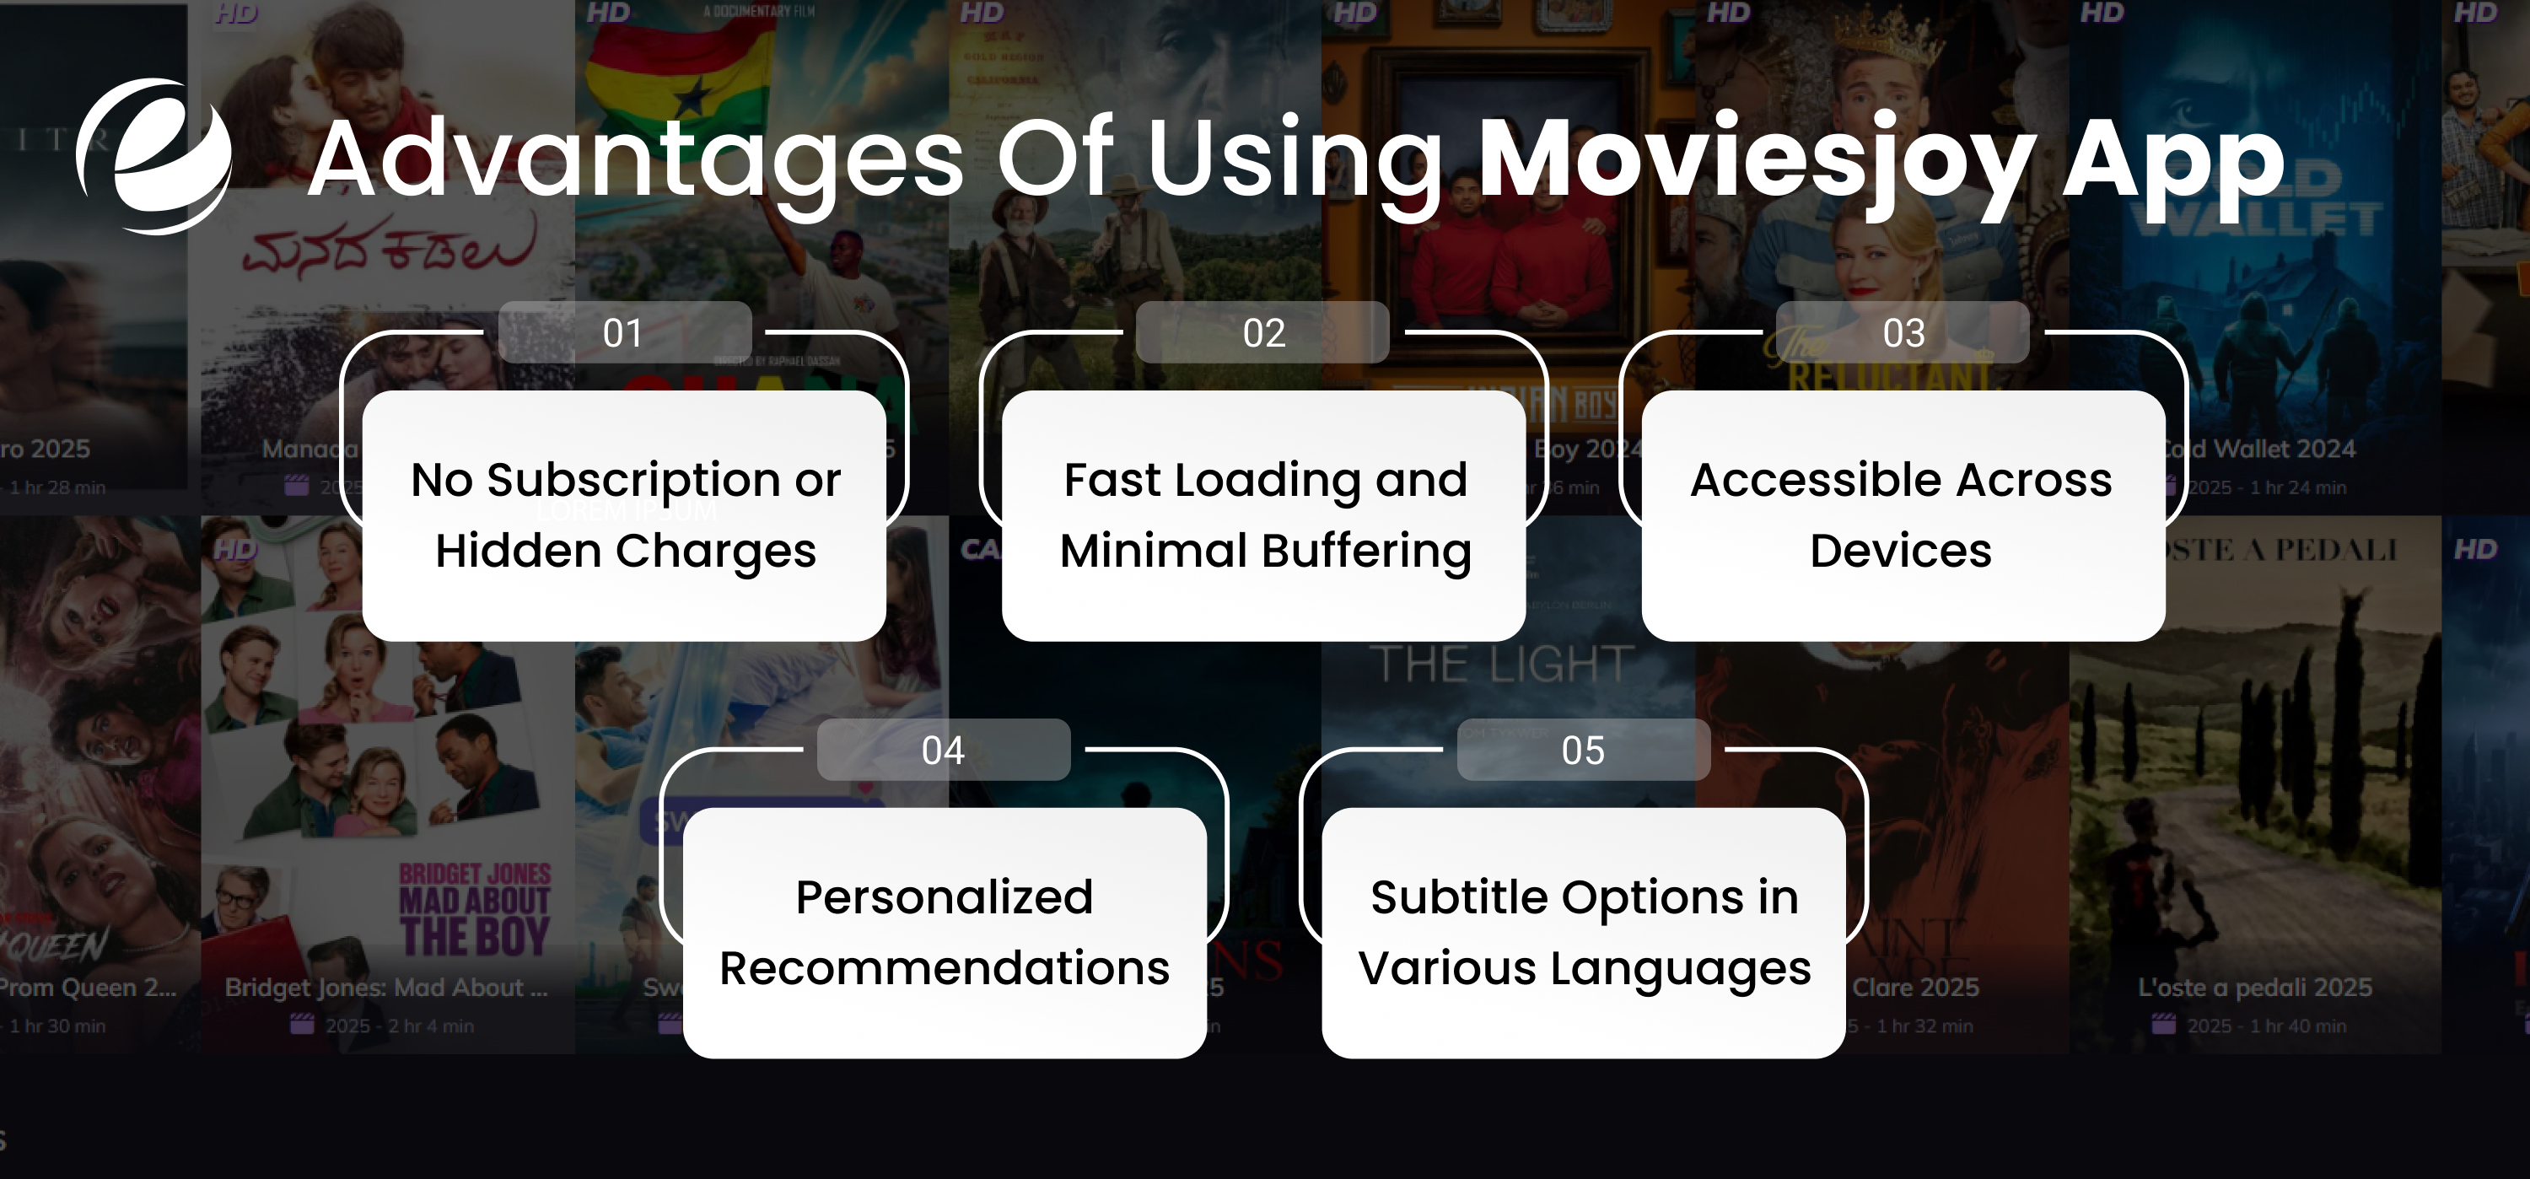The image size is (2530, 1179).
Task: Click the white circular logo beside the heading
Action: (x=154, y=157)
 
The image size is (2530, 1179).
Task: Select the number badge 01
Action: (x=624, y=333)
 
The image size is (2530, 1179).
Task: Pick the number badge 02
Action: (x=1263, y=333)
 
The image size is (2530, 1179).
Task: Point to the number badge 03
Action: (x=1903, y=333)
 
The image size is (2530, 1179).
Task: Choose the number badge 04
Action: (x=943, y=751)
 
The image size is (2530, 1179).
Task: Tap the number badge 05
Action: (x=1582, y=751)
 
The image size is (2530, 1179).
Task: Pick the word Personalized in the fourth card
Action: (x=944, y=897)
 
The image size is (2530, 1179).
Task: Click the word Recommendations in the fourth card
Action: (x=944, y=969)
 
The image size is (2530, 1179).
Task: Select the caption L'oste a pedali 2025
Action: (x=2255, y=988)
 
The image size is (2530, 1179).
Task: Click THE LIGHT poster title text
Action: (x=1502, y=665)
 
